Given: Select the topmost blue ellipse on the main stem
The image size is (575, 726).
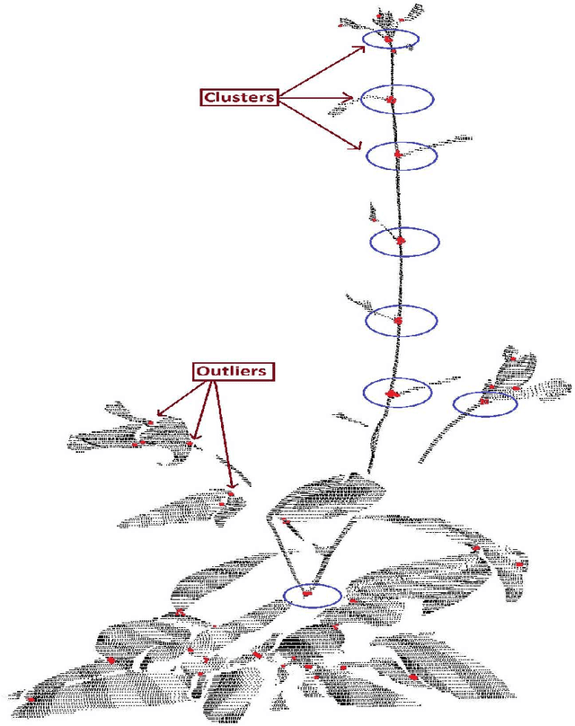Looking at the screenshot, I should (x=391, y=40).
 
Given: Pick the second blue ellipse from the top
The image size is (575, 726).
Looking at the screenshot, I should (x=396, y=99).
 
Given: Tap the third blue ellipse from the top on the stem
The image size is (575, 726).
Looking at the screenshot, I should (x=402, y=155).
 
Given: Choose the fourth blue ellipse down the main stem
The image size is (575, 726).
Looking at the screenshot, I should (x=404, y=241).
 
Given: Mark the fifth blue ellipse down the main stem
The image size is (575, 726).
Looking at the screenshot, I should (x=400, y=320).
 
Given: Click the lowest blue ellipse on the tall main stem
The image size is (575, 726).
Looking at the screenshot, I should (x=397, y=393).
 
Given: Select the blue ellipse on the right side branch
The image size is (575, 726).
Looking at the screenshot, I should (x=485, y=403).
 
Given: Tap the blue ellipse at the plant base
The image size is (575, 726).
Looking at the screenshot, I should (x=312, y=594).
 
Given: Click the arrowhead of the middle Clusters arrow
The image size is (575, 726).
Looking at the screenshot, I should (x=356, y=99).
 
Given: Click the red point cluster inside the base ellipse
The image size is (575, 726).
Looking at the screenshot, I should (x=306, y=593).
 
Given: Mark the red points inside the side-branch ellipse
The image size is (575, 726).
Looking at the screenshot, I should (x=485, y=400).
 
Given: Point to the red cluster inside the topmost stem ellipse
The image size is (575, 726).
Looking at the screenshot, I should (x=389, y=40).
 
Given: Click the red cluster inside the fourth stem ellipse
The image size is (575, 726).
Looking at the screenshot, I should (x=402, y=240).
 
